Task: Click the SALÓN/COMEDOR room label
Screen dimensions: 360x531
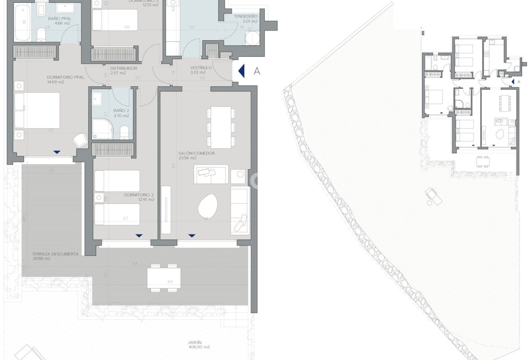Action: (196, 153)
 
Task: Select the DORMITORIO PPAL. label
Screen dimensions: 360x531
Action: (66, 77)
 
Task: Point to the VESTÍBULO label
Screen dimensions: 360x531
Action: (201, 68)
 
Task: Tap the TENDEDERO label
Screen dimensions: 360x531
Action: (245, 16)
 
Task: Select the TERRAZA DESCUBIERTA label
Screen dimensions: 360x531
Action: (55, 254)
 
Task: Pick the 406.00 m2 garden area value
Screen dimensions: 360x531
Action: (199, 347)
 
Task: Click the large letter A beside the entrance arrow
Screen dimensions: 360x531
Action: (257, 71)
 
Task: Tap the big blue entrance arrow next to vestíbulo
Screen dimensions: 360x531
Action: (241, 71)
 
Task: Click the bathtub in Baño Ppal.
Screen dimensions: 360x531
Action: (23, 23)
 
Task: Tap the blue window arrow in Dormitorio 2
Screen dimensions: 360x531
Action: (139, 236)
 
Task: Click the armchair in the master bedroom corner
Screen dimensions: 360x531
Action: (80, 140)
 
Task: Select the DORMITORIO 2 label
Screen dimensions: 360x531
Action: (139, 195)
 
